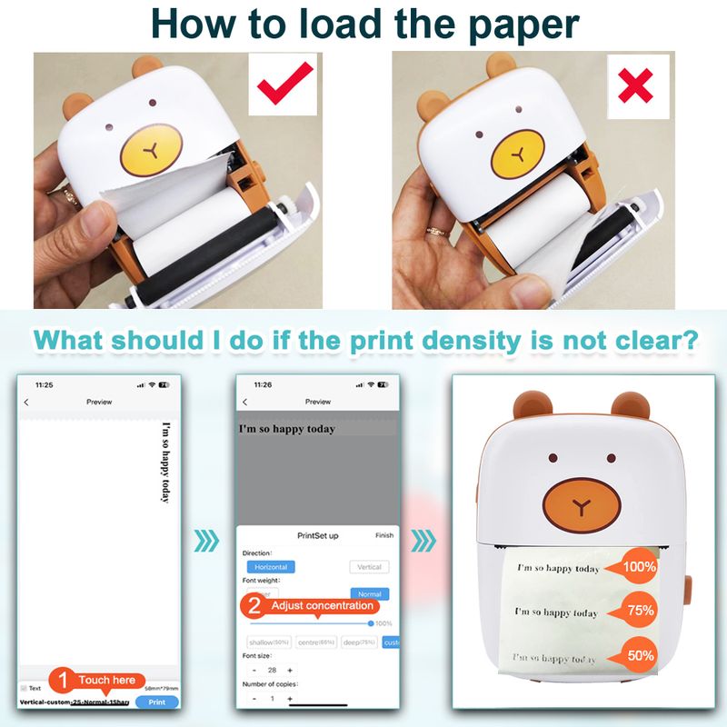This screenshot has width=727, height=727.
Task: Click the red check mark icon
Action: pos(284,87)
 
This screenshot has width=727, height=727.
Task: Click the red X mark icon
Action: pos(637,87)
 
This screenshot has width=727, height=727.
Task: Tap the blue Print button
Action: pos(156,702)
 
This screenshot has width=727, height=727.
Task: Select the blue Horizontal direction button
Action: pos(271,566)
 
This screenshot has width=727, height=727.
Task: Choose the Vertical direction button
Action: pos(369,566)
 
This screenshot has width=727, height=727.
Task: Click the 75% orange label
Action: pos(639,611)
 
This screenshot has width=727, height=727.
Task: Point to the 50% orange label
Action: pos(639,655)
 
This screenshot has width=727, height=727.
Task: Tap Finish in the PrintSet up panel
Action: pos(384,535)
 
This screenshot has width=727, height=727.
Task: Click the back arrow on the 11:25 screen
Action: pos(26,402)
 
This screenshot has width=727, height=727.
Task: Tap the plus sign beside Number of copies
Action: pos(290,698)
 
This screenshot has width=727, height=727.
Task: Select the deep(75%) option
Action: pos(360,642)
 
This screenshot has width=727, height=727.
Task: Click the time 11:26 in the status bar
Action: pos(263,384)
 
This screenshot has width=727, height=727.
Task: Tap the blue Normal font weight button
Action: pos(370,593)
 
